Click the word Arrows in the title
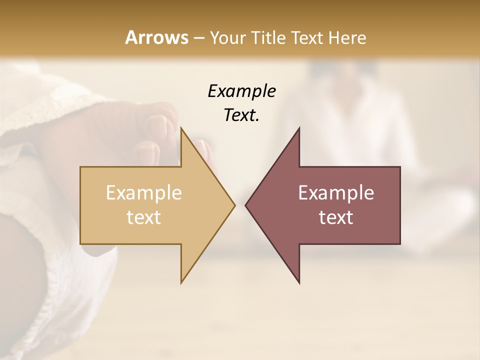point(156,37)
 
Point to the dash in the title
point(198,38)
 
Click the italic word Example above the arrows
point(241,91)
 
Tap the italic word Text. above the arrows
point(241,115)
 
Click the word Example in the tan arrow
point(144,193)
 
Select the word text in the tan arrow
point(144,217)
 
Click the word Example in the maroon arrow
point(336,193)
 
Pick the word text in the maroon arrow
point(336,217)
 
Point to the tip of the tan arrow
point(234,205)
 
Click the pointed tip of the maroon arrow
point(246,205)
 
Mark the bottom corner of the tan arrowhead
point(181,282)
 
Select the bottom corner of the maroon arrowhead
point(299,282)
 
